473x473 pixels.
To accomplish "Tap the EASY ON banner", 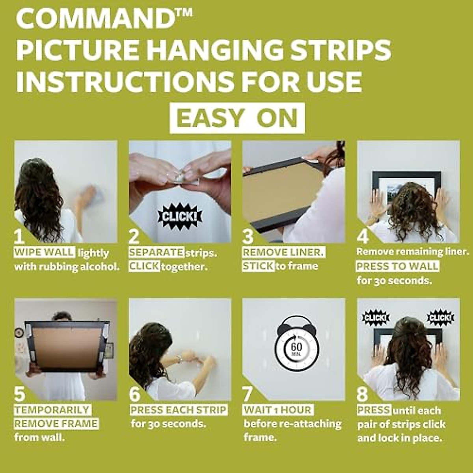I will [x=237, y=118].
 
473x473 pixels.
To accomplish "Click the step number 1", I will [x=19, y=236].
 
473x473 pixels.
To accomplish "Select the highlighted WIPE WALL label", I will [x=44, y=252].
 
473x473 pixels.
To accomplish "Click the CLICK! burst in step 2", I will [x=180, y=216].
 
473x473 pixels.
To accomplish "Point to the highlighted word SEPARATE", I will [x=156, y=252].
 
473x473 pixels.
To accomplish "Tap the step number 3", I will [x=248, y=236].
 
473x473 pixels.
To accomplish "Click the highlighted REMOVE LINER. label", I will [x=283, y=252].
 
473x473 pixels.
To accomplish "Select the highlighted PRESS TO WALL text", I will [x=397, y=266].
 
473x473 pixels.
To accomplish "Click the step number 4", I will [x=363, y=236].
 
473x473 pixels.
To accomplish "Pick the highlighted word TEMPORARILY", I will [x=52, y=410].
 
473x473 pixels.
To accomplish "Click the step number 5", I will [x=19, y=394].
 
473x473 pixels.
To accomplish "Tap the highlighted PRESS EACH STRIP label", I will [x=179, y=410].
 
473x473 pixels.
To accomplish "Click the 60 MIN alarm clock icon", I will [x=296, y=344].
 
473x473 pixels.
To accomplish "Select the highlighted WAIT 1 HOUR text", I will [x=278, y=410].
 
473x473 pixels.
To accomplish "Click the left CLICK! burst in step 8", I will [x=376, y=318].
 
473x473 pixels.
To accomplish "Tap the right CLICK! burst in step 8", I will [x=440, y=318].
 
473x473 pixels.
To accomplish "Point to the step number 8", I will [x=362, y=394].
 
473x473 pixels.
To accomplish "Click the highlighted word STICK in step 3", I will [x=258, y=266].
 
